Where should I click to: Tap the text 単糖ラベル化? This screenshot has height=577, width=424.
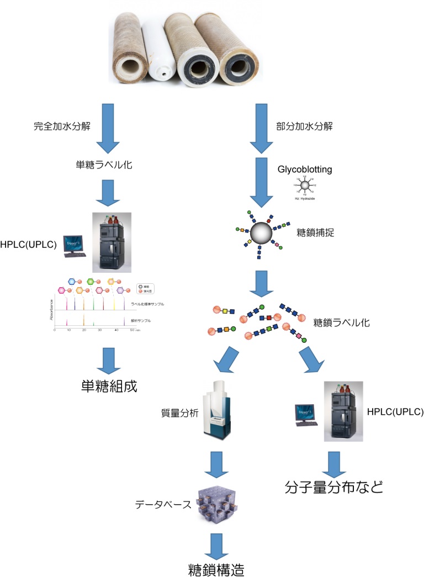point(103,165)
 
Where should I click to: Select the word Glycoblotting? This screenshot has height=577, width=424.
point(305,170)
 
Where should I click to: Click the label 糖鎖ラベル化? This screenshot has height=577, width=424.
point(342,322)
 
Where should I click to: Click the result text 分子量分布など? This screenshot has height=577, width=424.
point(334,487)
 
